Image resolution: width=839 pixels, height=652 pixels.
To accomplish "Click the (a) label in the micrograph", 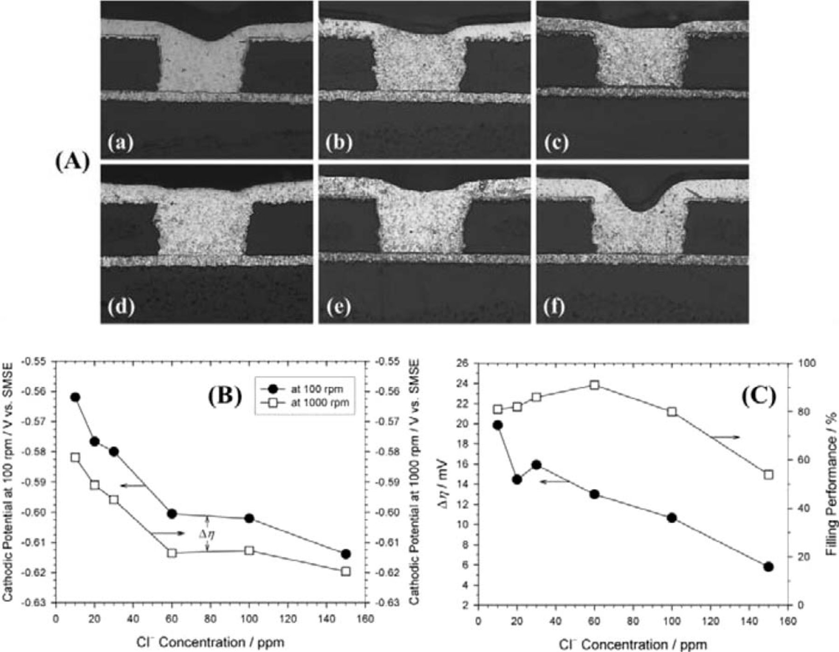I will tap(121, 142).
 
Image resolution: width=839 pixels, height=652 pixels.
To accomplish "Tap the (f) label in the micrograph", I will tap(554, 307).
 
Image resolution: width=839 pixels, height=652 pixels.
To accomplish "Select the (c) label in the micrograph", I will tap(556, 142).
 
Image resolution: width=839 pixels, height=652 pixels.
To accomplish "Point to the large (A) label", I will tap(72, 163).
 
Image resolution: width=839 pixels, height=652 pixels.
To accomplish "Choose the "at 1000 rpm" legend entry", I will tap(319, 403).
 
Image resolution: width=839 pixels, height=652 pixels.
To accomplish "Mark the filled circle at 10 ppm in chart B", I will tap(75, 397).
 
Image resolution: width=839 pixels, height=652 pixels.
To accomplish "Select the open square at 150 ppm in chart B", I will tap(345, 571).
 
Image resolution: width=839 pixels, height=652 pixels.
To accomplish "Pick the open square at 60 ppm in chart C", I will tap(594, 385).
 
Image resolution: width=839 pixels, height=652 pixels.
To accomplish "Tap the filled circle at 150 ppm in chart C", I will tap(769, 567).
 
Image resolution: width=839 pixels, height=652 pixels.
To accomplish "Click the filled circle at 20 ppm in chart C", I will tap(516, 479).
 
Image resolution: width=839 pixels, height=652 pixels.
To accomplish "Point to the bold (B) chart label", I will tap(225, 396).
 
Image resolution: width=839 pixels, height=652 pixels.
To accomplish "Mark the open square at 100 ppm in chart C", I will tap(672, 412).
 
